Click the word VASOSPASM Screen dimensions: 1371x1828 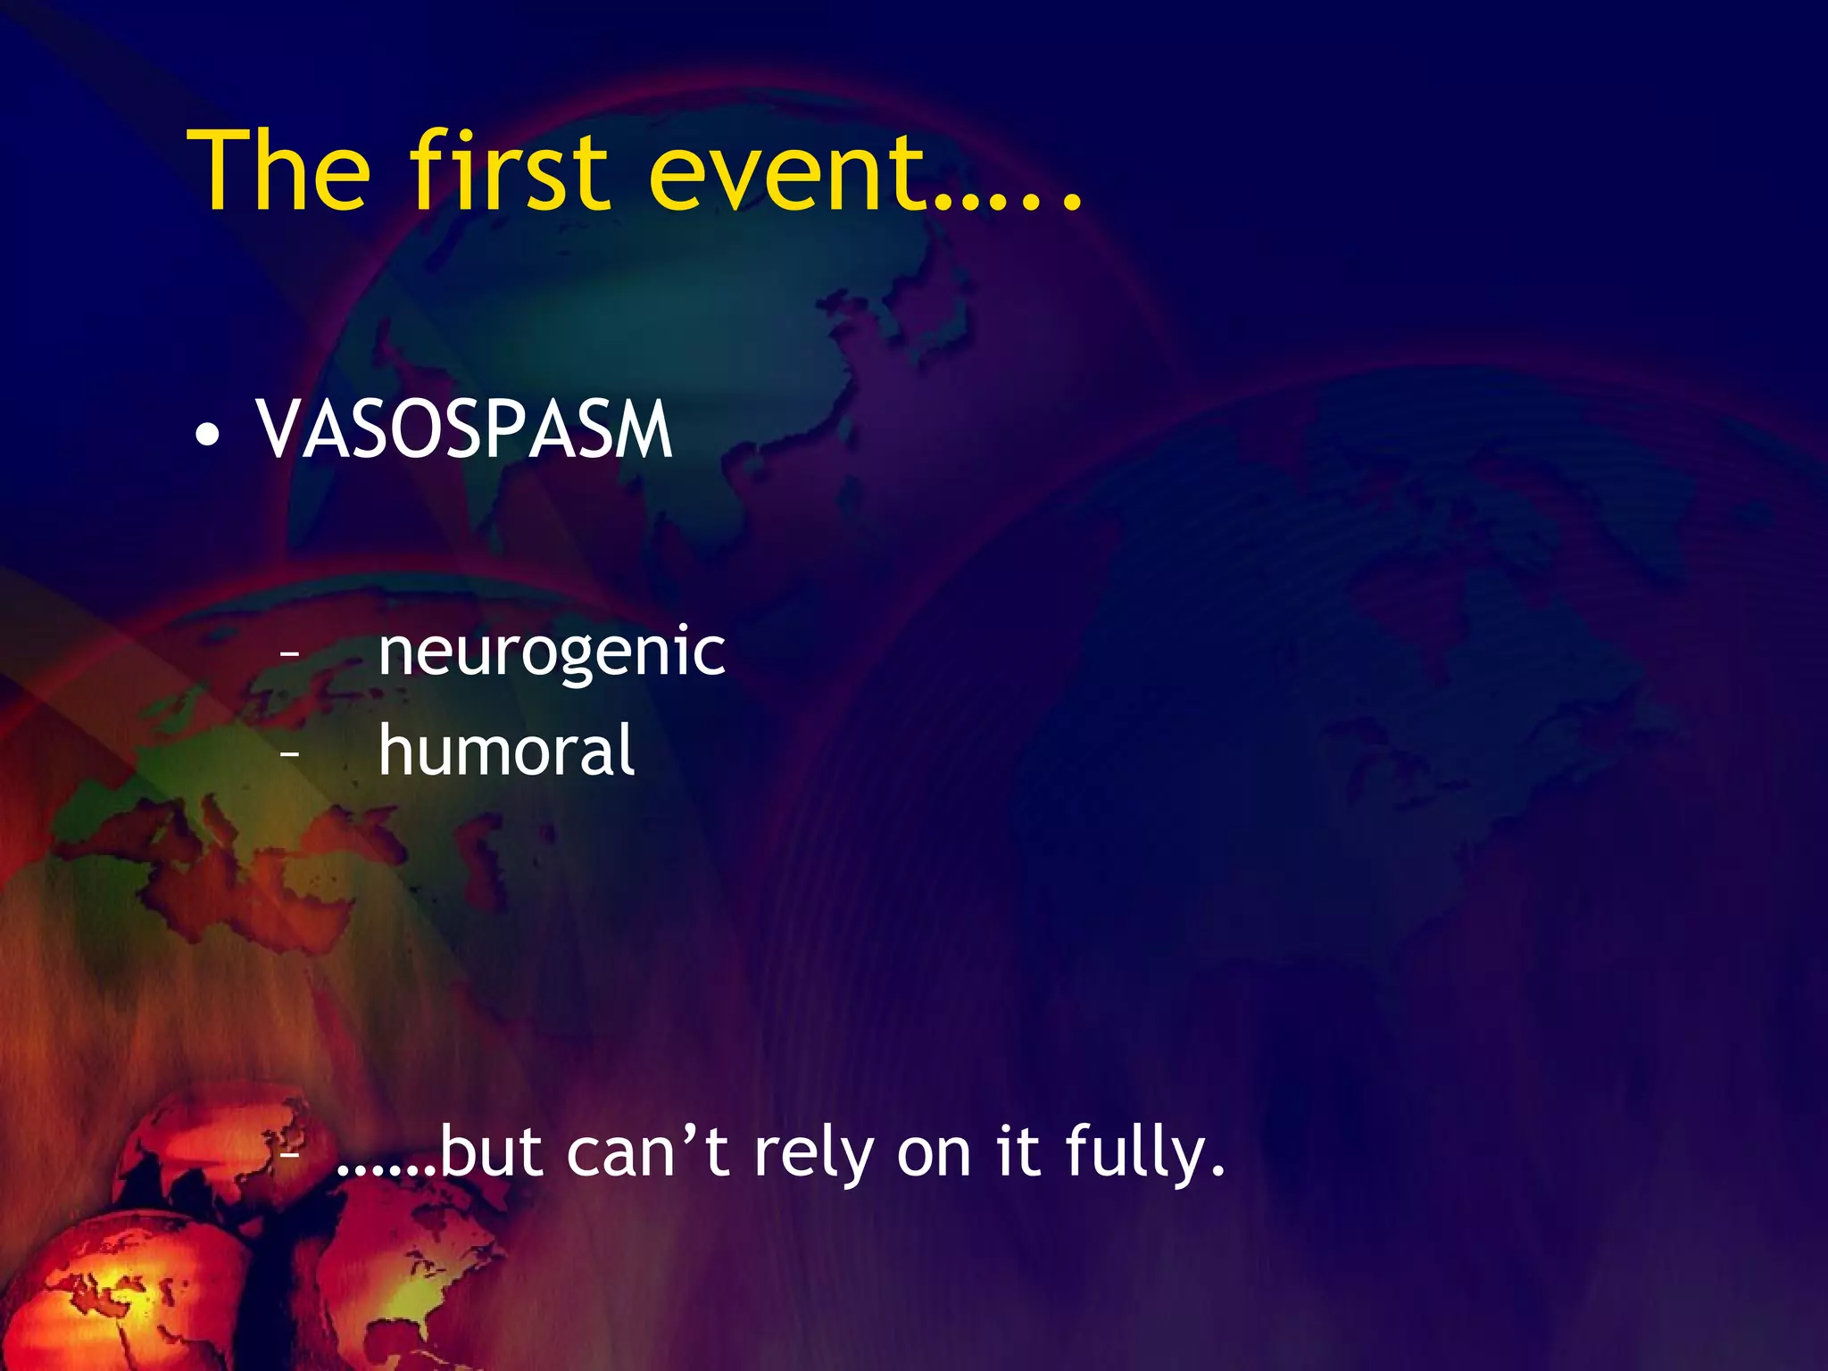pos(464,430)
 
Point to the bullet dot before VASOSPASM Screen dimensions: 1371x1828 pos(208,435)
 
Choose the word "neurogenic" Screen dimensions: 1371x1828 pos(552,652)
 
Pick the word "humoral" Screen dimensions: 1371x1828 pos(506,751)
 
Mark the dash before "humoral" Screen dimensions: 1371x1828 pos(288,754)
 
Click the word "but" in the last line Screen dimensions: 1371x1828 pos(492,1152)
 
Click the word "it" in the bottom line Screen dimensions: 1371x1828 pos(1018,1152)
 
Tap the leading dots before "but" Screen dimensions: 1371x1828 pos(387,1169)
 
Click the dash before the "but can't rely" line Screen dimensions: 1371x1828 pos(288,1154)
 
